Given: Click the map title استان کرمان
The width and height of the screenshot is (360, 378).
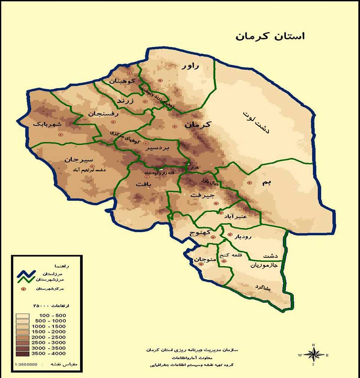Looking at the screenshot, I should [x=270, y=36].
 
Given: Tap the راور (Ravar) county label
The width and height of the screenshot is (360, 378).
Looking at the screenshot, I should [x=190, y=66].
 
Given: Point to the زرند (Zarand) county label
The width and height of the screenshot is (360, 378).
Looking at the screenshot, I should [x=125, y=101].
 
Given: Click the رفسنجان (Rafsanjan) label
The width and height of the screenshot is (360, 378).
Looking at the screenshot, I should [x=103, y=114].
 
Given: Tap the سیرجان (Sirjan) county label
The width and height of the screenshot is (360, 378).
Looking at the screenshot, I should [x=79, y=159].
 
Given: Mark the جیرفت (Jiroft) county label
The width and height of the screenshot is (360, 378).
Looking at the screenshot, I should [x=204, y=195].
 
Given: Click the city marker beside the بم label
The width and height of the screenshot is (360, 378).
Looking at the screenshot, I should [x=250, y=183].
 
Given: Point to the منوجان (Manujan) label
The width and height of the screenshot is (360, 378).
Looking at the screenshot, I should [x=204, y=259].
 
